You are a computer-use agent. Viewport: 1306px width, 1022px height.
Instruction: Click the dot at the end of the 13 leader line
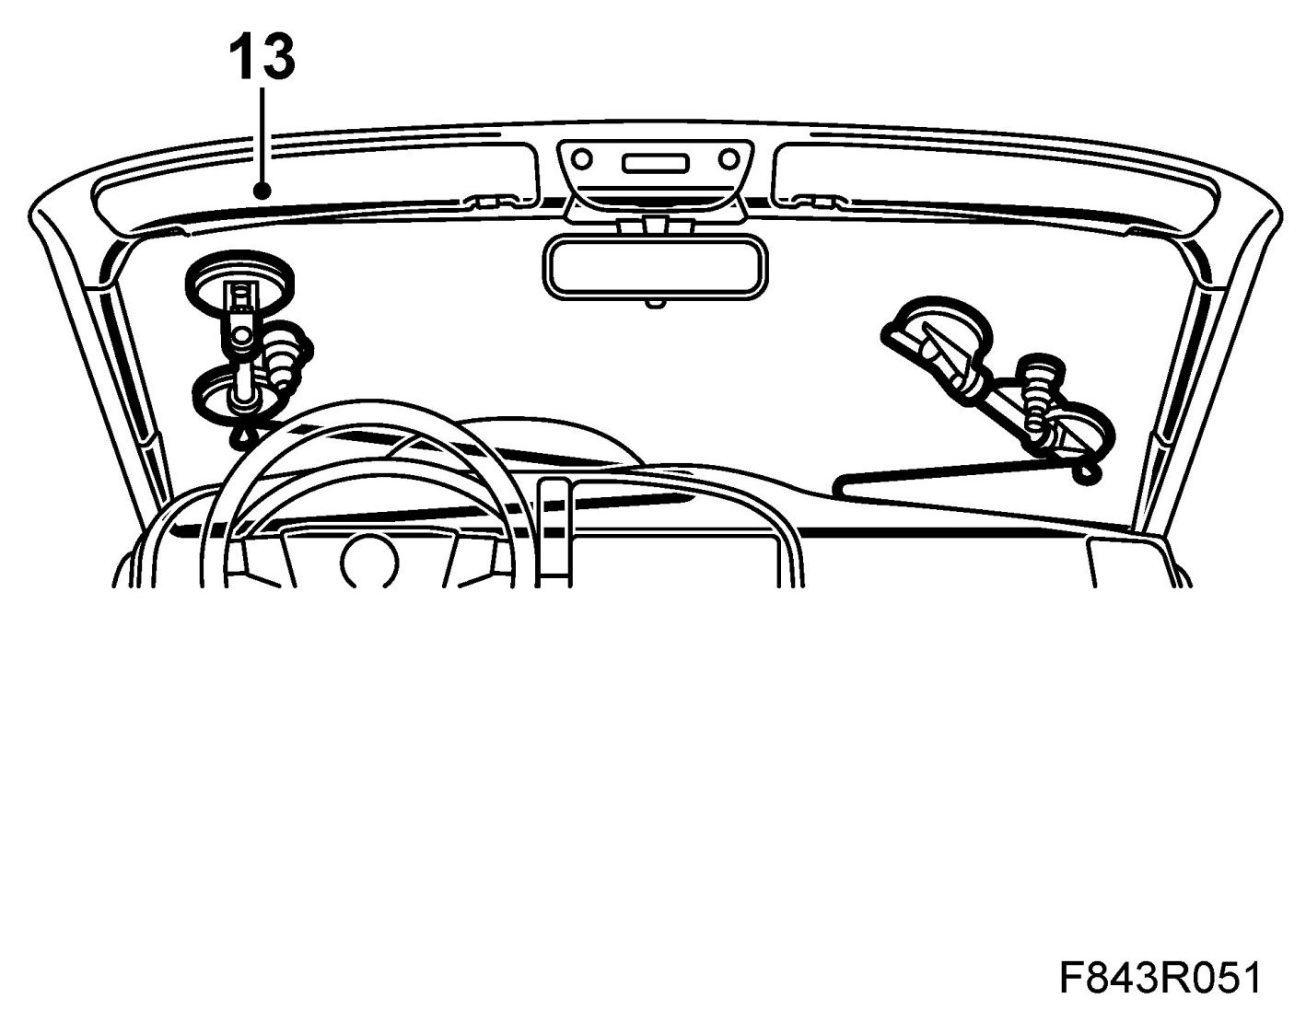(x=263, y=192)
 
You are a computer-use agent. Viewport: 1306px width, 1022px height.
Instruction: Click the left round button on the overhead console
(x=581, y=160)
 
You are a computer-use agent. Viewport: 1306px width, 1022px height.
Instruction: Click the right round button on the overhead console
(x=729, y=160)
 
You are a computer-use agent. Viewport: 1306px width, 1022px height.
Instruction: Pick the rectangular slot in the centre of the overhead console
(x=655, y=163)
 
